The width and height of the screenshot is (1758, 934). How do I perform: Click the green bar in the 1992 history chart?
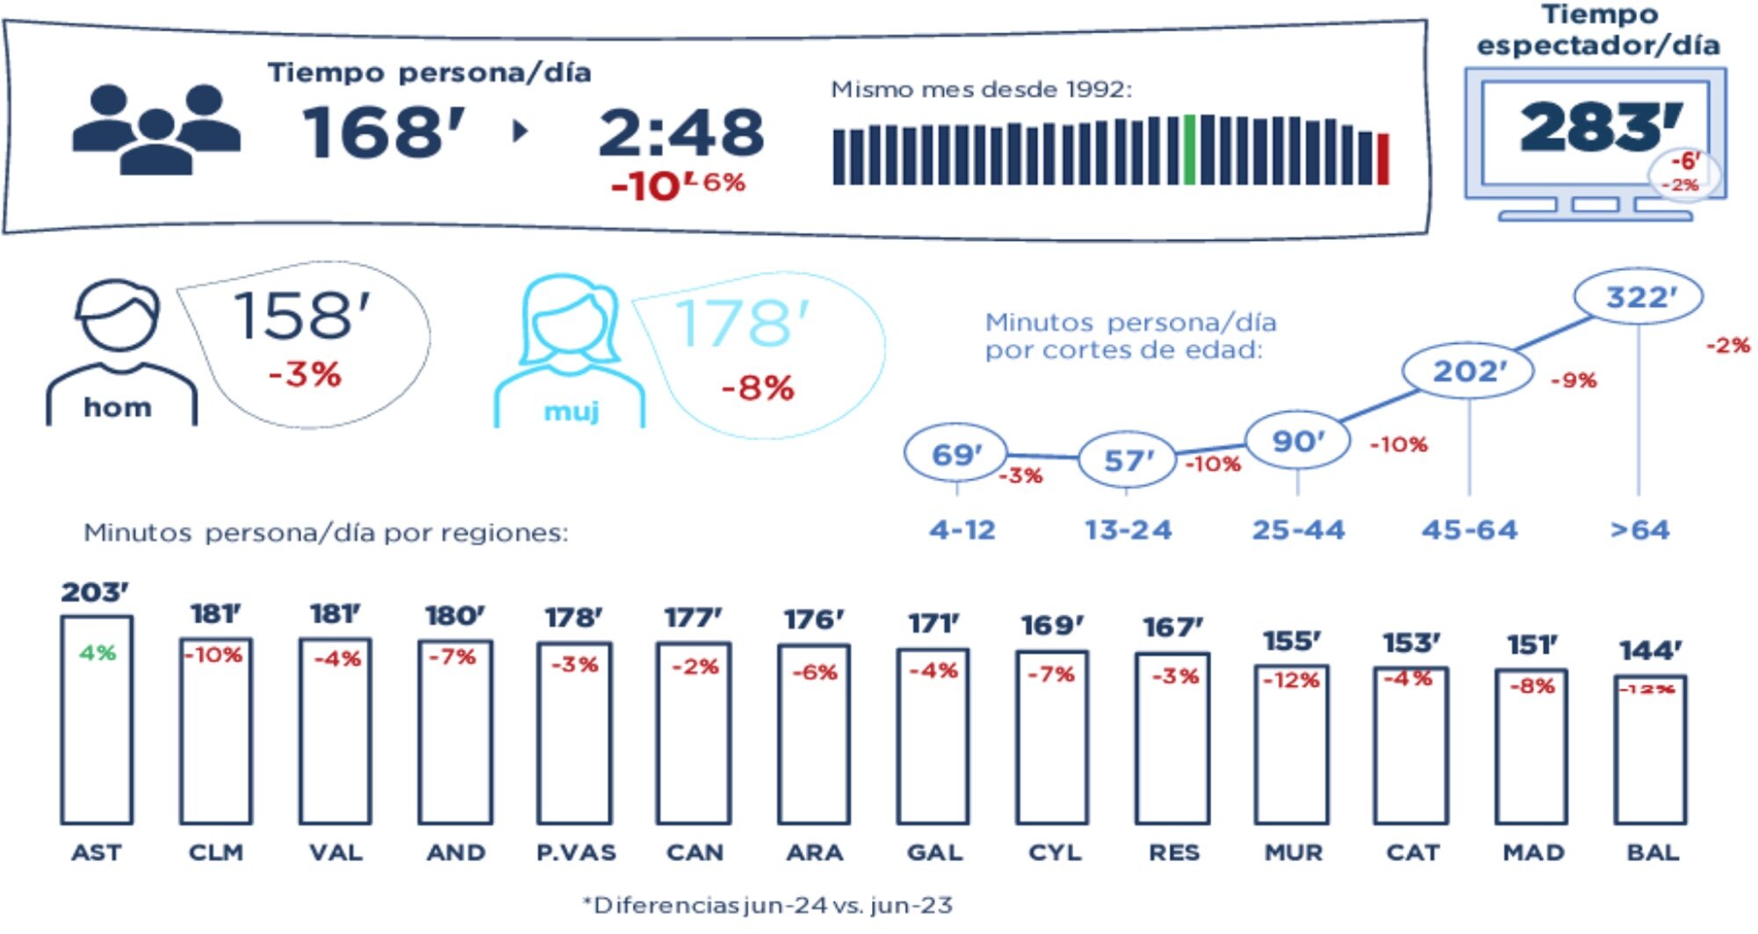coord(1189,150)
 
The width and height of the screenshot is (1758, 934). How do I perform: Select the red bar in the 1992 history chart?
coord(1383,159)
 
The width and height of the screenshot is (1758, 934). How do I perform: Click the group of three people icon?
coord(156,129)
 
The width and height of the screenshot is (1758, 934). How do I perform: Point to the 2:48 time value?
coord(681,133)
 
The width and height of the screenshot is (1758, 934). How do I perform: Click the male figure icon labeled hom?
coord(120,352)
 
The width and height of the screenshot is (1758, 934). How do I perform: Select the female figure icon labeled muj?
coord(570,352)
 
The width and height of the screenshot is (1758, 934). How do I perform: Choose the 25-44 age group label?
coord(1298,530)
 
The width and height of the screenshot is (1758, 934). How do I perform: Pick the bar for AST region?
coord(97,719)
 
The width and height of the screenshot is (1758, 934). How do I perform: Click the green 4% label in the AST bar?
coord(98,653)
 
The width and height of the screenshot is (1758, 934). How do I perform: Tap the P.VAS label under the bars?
coord(577,852)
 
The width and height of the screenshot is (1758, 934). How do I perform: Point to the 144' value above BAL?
coord(1651,651)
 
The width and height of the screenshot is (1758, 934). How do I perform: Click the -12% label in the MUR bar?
coord(1291,681)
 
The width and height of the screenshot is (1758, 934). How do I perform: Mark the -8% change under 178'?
coord(758,388)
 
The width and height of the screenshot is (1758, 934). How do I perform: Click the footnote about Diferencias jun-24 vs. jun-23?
coord(767,905)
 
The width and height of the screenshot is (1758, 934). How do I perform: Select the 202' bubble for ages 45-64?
coord(1469,371)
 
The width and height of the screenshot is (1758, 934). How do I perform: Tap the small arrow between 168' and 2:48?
coord(520,132)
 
